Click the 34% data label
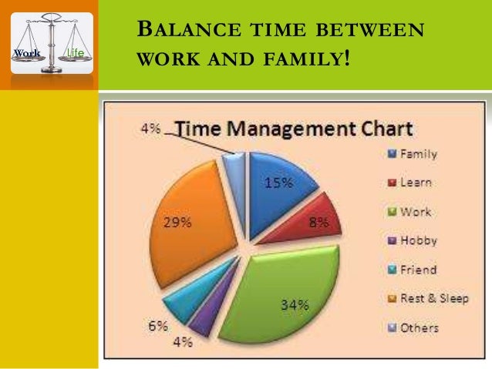coord(294,304)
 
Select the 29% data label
coord(177,223)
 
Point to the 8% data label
coord(318,223)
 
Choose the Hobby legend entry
coord(417,240)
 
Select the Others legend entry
coord(418,327)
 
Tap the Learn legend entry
coord(415,183)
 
